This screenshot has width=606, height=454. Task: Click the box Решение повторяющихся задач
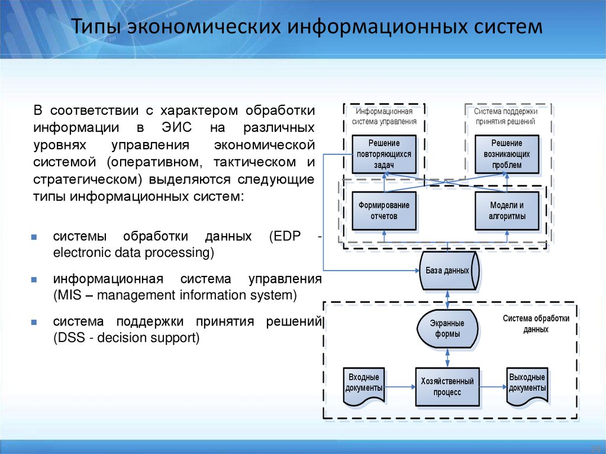[383, 154]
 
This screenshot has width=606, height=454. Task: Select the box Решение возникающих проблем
[507, 154]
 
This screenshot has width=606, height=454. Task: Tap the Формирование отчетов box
[383, 211]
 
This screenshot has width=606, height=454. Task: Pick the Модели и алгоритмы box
[507, 211]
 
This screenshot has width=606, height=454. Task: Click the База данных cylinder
[448, 271]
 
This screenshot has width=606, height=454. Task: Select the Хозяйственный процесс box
[447, 387]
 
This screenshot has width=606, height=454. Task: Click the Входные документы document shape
[363, 385]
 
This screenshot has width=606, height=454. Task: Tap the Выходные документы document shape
[527, 385]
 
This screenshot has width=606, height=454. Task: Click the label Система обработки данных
[536, 324]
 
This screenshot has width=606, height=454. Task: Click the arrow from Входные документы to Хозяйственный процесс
[399, 387]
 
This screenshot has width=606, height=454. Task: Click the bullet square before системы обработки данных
[35, 237]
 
